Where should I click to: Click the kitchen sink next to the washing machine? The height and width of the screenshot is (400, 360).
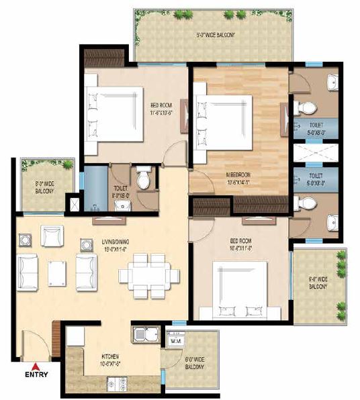146,334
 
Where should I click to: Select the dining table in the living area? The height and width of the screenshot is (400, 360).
148,274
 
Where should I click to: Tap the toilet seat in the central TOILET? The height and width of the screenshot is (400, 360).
142,180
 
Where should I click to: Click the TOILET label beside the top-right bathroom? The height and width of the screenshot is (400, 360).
315,128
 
